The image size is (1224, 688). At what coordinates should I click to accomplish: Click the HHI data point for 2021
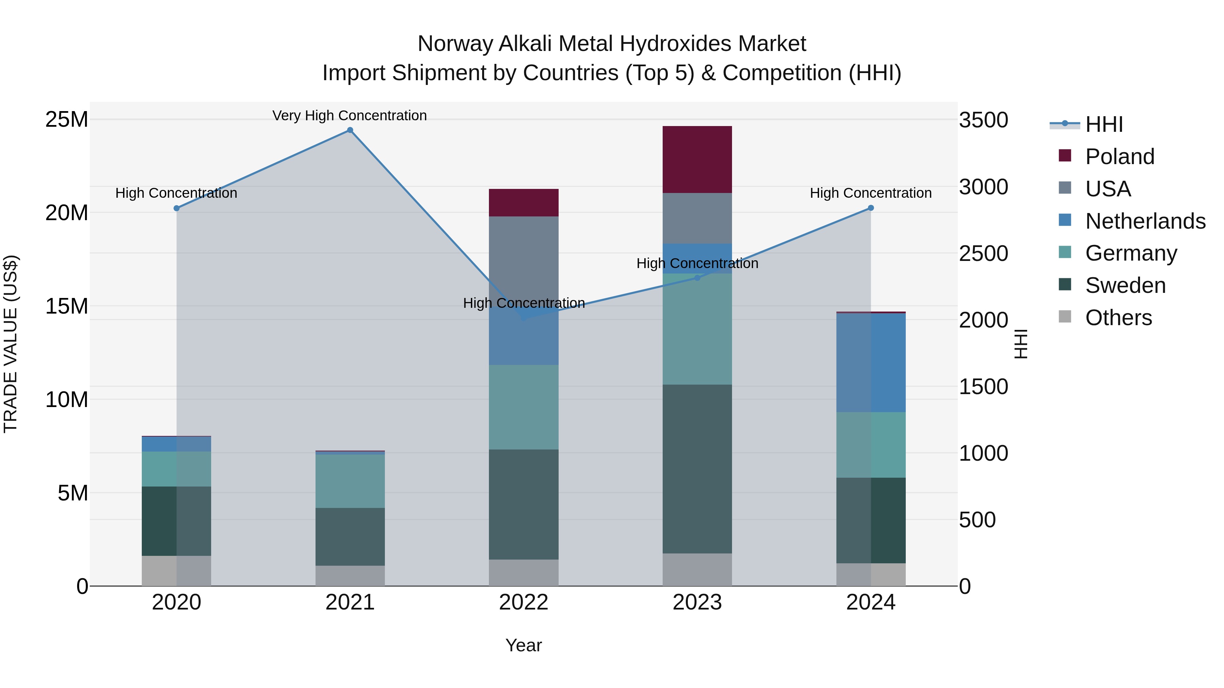(x=350, y=130)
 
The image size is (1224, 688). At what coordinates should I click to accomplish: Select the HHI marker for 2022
(x=524, y=318)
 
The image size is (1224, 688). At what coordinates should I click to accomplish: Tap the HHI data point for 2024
(x=870, y=208)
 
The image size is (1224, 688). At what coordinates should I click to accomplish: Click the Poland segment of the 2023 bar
(x=697, y=160)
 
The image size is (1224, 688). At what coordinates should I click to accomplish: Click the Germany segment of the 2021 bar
(x=350, y=481)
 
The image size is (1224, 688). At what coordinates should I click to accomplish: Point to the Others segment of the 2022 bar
(x=524, y=572)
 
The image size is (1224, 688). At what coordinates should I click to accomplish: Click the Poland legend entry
(x=1120, y=157)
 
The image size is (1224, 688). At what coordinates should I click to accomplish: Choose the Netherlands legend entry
(x=1145, y=221)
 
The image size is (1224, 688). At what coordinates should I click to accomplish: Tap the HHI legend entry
(x=1104, y=124)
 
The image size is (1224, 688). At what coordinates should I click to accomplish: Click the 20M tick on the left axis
(x=67, y=213)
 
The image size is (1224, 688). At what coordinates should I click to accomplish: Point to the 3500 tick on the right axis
(x=983, y=120)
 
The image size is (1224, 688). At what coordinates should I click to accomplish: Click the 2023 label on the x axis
(x=697, y=602)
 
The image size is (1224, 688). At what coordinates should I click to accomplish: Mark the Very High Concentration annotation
(x=350, y=116)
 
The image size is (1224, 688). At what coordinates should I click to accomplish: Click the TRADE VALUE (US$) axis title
(x=11, y=344)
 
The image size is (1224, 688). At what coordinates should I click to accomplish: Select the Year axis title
(x=524, y=645)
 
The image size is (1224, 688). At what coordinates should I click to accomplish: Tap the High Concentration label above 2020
(x=176, y=193)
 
